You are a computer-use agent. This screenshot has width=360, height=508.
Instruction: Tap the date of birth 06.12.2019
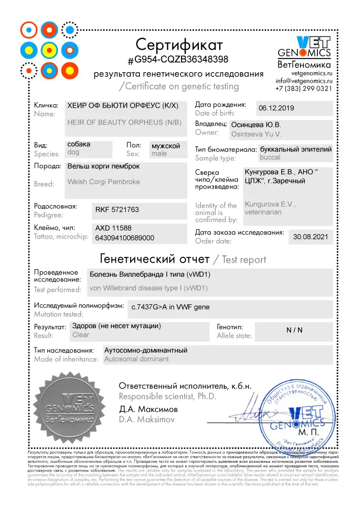(x=276, y=108)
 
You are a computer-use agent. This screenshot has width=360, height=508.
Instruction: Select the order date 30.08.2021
(x=311, y=237)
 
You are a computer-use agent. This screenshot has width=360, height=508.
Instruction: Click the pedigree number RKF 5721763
(x=117, y=209)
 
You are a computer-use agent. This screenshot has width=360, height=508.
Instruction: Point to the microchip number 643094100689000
(x=125, y=237)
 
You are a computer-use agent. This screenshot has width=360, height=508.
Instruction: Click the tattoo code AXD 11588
(x=113, y=228)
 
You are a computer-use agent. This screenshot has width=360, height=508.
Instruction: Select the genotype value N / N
(x=294, y=330)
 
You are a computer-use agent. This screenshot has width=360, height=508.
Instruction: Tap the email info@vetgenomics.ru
(x=304, y=80)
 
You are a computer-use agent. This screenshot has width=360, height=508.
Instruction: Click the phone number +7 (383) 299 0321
(x=304, y=88)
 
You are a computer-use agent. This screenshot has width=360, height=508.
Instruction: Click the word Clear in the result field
(x=81, y=335)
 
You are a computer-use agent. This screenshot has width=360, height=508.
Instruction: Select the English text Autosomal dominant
(x=136, y=359)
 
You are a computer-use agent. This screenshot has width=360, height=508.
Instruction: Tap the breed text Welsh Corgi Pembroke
(x=103, y=181)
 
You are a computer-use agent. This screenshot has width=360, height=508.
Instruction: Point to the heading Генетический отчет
(x=155, y=259)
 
